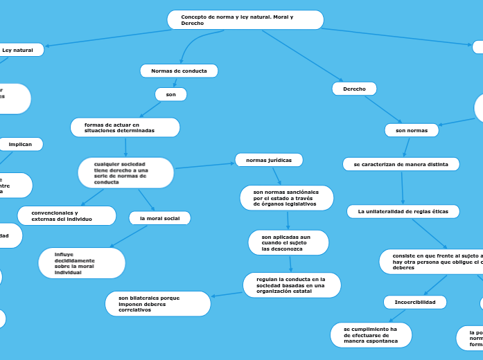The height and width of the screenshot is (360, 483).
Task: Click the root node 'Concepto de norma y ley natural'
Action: pos(245,20)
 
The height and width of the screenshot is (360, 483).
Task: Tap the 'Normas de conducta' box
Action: pos(179,71)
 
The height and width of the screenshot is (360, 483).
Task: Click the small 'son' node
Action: pos(170,94)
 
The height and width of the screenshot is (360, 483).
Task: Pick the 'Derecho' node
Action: pos(354,89)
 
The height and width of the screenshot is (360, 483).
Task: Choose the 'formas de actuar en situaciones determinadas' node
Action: pos(125,127)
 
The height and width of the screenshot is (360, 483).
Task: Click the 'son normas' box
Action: pos(411,130)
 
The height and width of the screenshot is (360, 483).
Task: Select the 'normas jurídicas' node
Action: pos(269,160)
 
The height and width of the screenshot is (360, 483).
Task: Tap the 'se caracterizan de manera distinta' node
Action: pos(401,165)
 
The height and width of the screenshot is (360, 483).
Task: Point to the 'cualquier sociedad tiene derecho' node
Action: pos(125,173)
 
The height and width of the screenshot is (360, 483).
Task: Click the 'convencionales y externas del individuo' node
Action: pos(67,216)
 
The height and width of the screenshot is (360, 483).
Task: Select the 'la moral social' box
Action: pos(159,218)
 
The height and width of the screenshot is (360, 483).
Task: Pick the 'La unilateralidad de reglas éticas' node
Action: pos(403,211)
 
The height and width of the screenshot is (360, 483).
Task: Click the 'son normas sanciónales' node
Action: pos(286,198)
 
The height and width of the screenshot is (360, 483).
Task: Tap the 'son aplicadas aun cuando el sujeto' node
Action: pos(288,242)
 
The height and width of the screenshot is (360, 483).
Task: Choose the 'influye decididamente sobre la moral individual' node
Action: pos(82,263)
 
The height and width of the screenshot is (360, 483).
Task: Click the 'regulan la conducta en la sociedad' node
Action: pos(292,285)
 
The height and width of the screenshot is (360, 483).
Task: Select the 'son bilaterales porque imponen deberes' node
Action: pos(158,304)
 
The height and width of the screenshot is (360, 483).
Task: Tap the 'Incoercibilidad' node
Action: pos(414,303)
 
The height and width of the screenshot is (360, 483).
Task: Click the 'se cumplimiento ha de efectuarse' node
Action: pos(371,335)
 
